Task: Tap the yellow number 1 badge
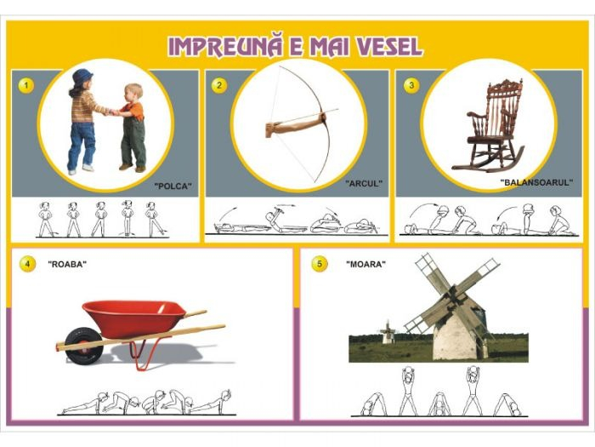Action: tap(27, 85)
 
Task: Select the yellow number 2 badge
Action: tap(219, 85)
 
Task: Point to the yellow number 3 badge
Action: tap(411, 85)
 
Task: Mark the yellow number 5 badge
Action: tap(319, 264)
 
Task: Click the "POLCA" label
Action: tap(173, 185)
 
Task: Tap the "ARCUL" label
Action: tap(364, 183)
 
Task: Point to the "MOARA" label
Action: tap(365, 264)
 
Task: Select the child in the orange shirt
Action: tap(132, 123)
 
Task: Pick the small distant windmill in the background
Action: tap(388, 331)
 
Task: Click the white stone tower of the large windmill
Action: tap(458, 337)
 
